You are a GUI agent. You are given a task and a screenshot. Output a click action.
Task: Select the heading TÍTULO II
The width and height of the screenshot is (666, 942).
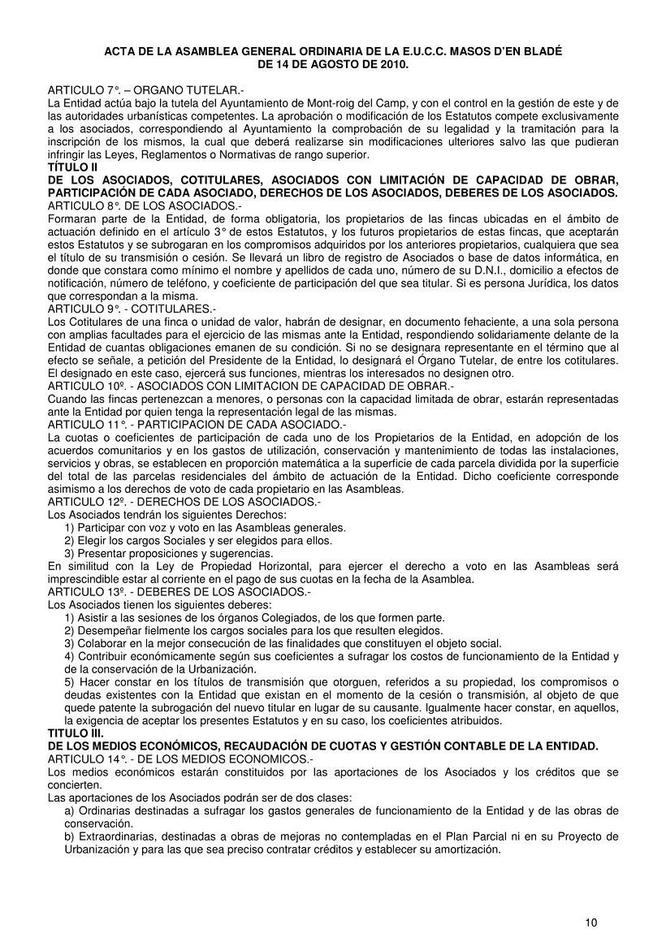(72, 166)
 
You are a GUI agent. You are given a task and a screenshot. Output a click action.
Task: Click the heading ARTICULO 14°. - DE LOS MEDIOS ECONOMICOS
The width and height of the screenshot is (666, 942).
(180, 758)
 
